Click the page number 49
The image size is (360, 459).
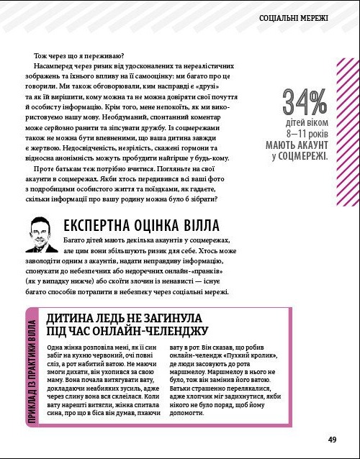pos(332,440)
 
